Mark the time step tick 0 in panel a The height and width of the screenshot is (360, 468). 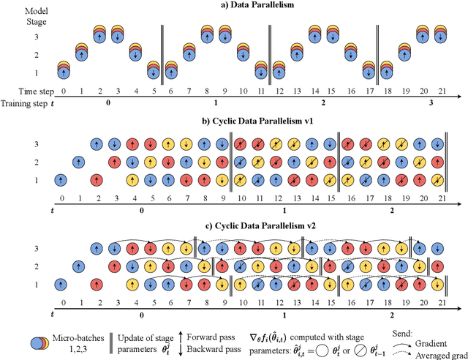[63, 93]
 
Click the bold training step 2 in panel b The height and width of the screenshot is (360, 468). [393, 209]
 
